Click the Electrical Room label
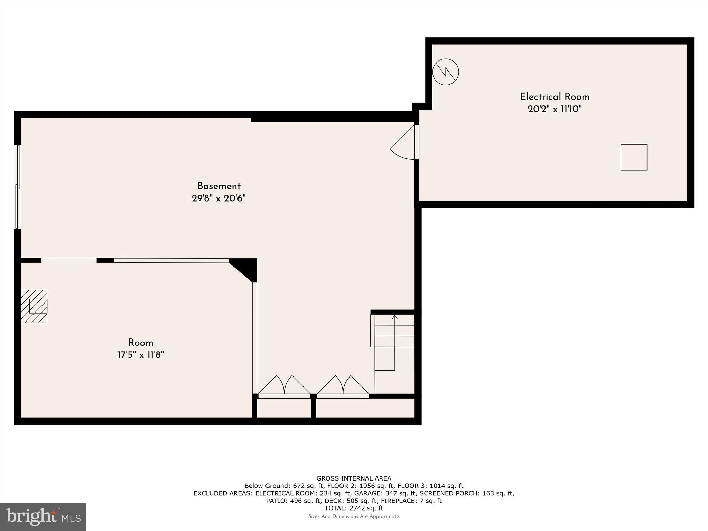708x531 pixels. click(x=555, y=97)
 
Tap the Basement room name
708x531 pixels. click(x=219, y=186)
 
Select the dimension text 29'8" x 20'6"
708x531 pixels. click(x=219, y=198)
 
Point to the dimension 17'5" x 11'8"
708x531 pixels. click(x=141, y=355)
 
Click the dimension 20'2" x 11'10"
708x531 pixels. click(x=555, y=109)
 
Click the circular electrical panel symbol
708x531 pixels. click(x=446, y=72)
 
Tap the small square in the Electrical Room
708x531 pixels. click(x=634, y=157)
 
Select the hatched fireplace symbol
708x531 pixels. click(x=34, y=306)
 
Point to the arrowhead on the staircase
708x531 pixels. click(x=395, y=317)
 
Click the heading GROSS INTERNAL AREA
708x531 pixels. click(x=354, y=478)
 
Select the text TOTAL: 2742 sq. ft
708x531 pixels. click(x=354, y=508)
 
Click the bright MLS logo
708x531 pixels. click(x=43, y=517)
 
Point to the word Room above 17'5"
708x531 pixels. click(x=141, y=343)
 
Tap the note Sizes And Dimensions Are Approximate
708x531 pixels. click(x=354, y=516)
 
